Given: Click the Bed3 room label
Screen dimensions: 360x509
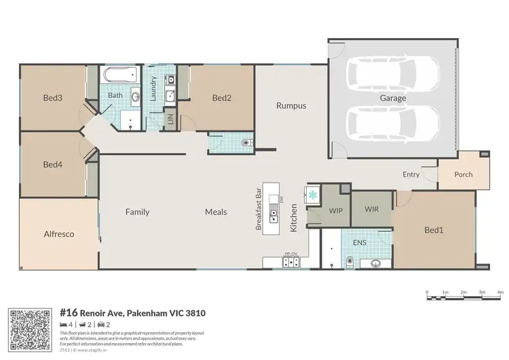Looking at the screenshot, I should click(52, 98).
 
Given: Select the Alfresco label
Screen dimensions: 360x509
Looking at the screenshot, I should click(58, 234).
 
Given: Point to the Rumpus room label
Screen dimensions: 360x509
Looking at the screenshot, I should click(290, 105).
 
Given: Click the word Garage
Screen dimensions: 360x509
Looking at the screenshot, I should click(392, 98).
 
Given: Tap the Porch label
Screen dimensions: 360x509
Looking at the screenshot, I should click(464, 175).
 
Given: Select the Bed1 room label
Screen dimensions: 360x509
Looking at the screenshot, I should click(434, 230).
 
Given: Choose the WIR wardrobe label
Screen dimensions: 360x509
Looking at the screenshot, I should click(371, 209).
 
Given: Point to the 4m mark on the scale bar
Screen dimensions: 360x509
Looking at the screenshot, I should click(500, 292).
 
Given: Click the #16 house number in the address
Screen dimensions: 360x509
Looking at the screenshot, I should click(68, 313).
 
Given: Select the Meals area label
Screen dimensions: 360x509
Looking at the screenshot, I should click(216, 212).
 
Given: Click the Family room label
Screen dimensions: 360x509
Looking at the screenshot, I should click(137, 212).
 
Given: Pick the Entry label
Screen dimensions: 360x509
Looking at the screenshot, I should click(411, 175).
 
